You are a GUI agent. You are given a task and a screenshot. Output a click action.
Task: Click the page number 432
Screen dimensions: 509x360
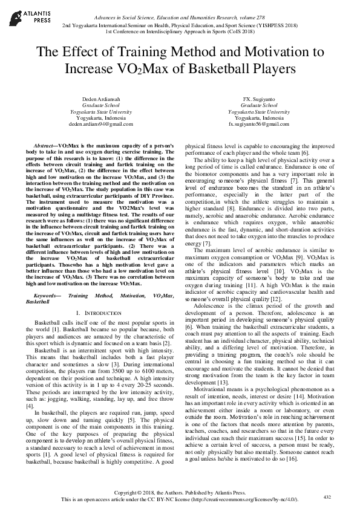[x=327, y=496]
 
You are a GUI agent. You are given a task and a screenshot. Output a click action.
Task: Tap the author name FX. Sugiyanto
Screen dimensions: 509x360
[x=258, y=99]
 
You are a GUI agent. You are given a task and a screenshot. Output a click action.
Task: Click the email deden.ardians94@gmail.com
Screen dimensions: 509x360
[x=100, y=124]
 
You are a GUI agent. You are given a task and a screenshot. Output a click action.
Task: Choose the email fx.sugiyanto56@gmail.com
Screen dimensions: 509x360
[x=258, y=124]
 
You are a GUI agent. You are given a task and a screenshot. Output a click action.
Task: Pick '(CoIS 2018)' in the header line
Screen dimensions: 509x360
[x=243, y=33]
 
